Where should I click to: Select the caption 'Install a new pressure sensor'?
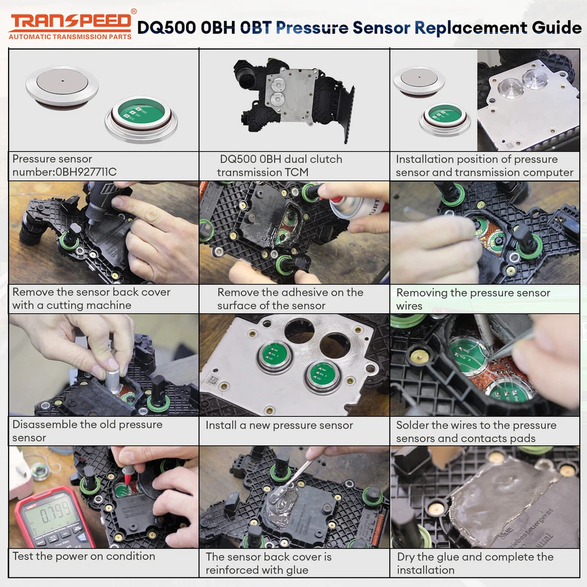[279, 425]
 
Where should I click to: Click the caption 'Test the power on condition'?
[84, 556]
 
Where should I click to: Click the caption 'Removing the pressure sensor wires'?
[473, 299]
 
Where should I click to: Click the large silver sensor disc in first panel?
[62, 85]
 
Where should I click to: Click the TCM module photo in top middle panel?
[293, 98]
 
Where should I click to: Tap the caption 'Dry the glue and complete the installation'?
[475, 563]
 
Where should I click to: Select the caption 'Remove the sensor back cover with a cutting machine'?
[90, 298]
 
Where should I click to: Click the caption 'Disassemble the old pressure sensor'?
[87, 431]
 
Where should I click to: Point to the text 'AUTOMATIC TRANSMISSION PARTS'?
[70, 37]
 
